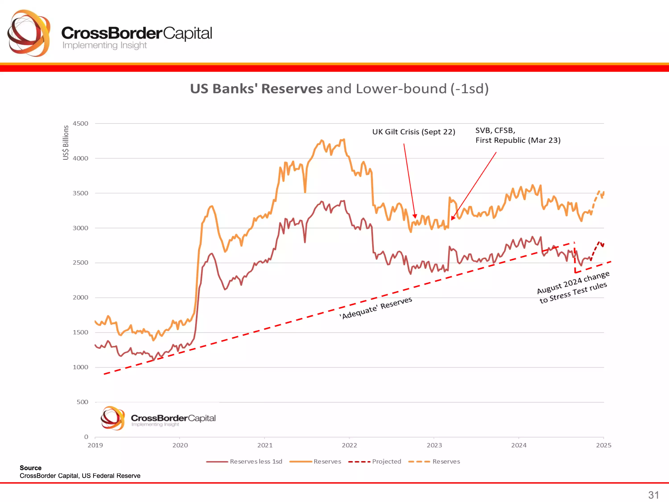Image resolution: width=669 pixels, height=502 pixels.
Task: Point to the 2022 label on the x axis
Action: tap(349, 445)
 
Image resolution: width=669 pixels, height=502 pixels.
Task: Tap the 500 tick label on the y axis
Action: tap(82, 402)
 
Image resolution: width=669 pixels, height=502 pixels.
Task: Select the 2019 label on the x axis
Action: tap(95, 445)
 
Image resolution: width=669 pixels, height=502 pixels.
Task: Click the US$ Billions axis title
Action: tap(66, 143)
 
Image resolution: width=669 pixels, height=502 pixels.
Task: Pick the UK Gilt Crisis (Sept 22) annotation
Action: tap(413, 132)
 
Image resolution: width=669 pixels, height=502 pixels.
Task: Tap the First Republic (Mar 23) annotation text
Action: tap(518, 140)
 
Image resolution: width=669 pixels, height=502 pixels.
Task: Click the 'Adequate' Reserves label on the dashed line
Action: tap(376, 307)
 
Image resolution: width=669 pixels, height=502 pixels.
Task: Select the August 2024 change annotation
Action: tap(573, 287)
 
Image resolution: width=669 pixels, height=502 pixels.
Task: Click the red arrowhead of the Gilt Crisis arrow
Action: tap(415, 216)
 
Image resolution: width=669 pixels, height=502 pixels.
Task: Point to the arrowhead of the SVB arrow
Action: tap(453, 218)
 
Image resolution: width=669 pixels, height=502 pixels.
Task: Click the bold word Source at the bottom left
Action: tap(31, 468)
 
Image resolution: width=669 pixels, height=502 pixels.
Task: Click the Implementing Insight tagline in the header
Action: tap(104, 45)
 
